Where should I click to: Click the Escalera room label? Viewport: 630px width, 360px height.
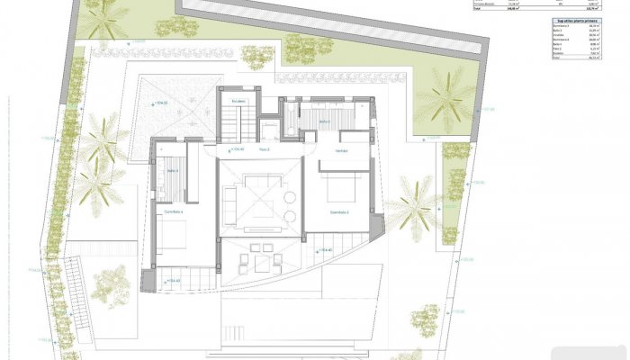[238, 102]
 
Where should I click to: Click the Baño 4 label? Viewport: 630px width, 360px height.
[172, 170]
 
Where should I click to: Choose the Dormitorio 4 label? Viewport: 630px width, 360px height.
[173, 212]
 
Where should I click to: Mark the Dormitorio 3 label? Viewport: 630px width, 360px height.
[338, 212]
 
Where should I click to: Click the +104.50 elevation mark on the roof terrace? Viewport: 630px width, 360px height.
[163, 105]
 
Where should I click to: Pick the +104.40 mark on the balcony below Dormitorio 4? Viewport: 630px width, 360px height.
[174, 281]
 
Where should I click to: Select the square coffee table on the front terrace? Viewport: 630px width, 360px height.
[263, 264]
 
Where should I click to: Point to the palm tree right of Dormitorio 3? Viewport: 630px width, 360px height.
[416, 202]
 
